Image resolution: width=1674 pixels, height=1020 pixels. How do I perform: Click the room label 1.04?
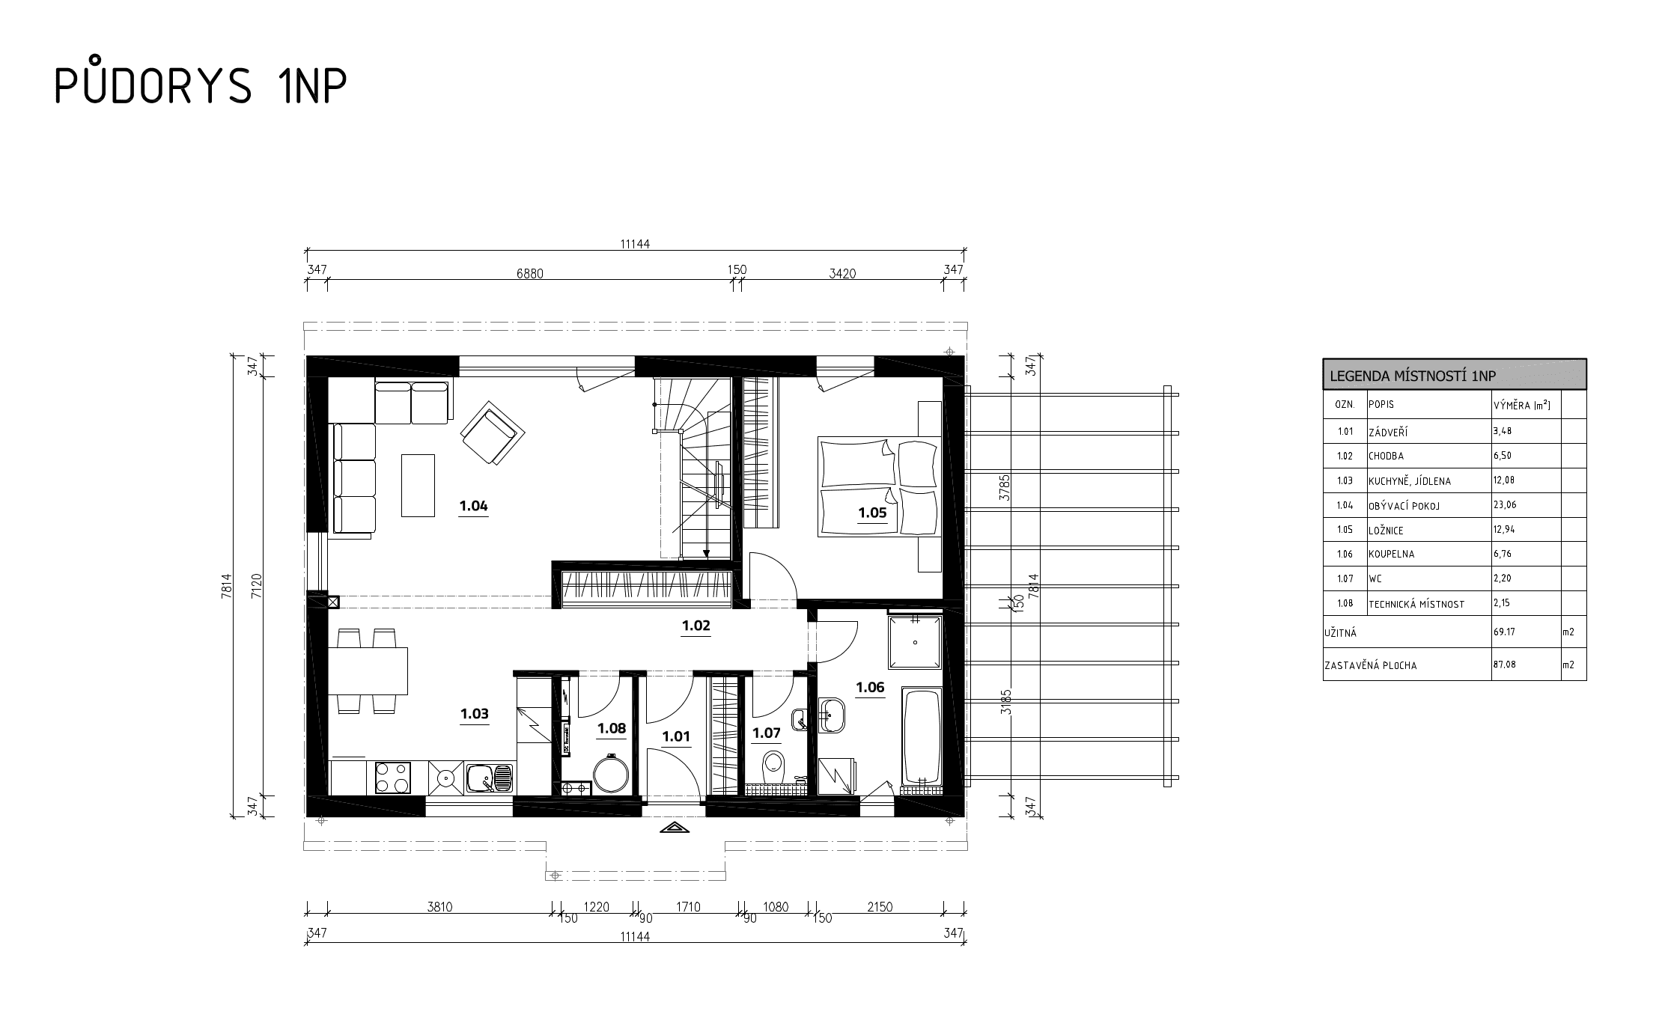point(473,506)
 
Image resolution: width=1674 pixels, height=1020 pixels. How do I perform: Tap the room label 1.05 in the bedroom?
point(872,513)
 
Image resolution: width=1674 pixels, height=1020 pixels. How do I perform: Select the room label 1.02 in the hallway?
point(696,626)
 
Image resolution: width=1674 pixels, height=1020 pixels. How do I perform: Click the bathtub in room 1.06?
point(922,736)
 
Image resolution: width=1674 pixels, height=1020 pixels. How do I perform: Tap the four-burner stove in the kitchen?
point(392,778)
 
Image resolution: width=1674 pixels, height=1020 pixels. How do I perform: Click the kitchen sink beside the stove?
point(489,778)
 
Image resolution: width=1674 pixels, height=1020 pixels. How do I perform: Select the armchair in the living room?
point(492,436)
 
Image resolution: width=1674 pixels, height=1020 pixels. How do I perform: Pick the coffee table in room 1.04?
point(418,485)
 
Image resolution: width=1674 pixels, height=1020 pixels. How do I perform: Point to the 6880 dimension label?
point(529,274)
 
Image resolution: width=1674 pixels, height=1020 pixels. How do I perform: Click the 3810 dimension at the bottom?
point(439,907)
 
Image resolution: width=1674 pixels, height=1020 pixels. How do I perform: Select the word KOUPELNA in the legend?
point(1392,555)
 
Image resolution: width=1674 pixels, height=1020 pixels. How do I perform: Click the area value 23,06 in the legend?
point(1505,504)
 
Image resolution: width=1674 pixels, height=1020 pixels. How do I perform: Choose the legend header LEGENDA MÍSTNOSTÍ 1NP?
point(1412,376)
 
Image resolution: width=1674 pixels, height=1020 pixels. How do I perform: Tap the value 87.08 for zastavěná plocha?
point(1504,664)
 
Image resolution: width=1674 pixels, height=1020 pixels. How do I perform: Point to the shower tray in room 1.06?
point(915,642)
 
